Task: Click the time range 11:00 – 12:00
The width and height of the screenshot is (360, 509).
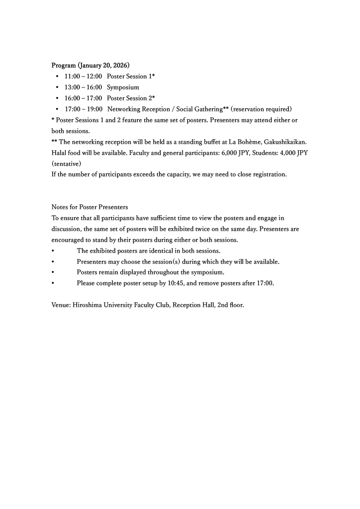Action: point(83,77)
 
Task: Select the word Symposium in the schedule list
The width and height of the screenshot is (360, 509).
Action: point(123,87)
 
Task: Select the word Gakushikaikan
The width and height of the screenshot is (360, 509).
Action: point(286,142)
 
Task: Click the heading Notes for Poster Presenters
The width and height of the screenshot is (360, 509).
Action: point(90,207)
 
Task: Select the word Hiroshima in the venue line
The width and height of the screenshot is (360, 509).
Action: point(88,305)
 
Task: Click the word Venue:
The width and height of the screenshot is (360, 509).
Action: point(61,305)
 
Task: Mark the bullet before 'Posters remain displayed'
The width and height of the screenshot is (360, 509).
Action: point(53,273)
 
